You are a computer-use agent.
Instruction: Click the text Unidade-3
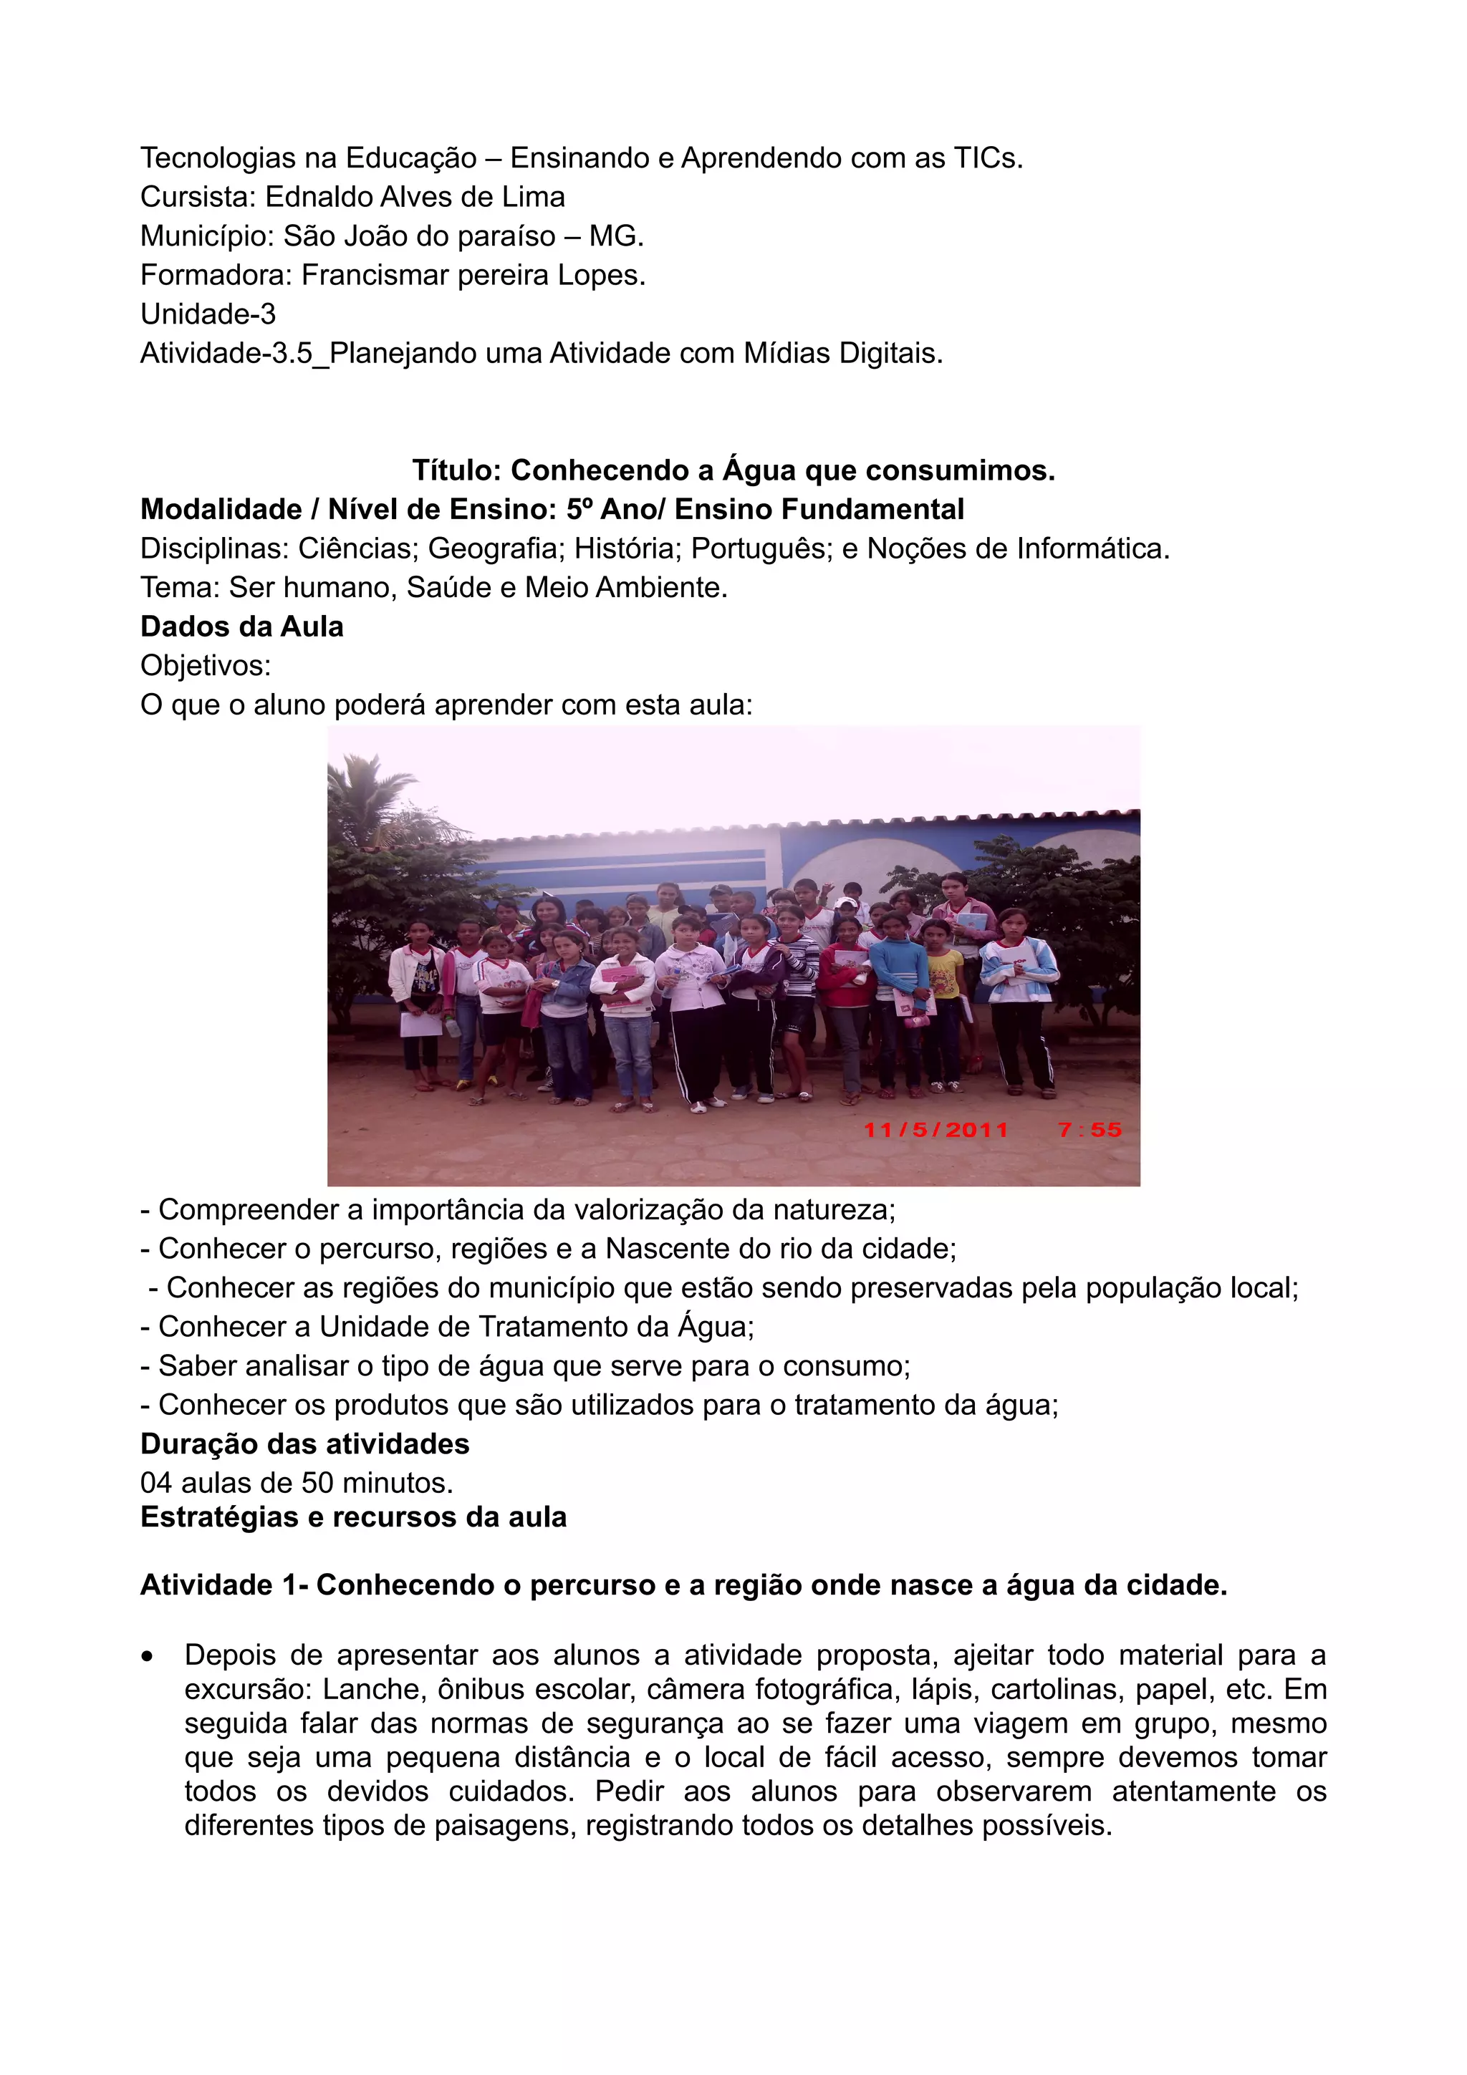tap(208, 314)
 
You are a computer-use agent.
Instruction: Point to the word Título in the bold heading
tap(456, 471)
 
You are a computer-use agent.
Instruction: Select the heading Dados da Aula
tap(241, 627)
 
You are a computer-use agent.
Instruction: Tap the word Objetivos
tap(205, 666)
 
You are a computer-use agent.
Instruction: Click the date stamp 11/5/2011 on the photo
tap(935, 1130)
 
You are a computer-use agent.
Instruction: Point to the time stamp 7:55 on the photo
tap(1090, 1130)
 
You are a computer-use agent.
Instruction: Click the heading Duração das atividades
tap(304, 1443)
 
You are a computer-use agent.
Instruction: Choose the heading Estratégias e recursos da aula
tap(353, 1517)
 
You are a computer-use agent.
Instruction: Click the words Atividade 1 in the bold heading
tap(218, 1585)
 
